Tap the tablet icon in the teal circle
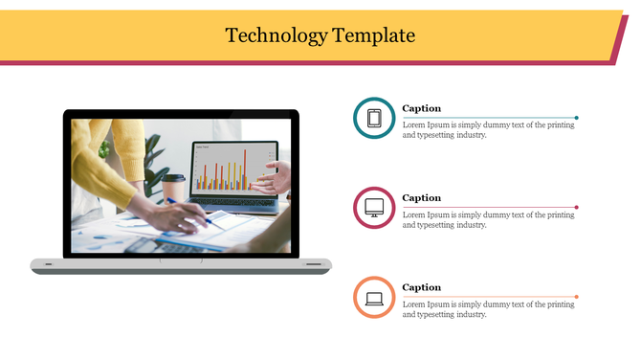coord(374,119)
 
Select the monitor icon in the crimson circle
coord(374,208)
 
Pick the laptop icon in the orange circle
coord(374,297)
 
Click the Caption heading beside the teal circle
coord(421,109)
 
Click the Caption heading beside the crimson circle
coord(421,198)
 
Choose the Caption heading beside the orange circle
coord(421,287)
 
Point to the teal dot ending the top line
coord(576,118)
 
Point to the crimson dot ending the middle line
coord(576,207)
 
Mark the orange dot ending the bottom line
coord(576,296)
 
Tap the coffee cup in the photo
coord(173,188)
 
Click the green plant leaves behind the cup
coord(153,153)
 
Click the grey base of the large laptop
coord(181,265)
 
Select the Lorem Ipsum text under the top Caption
coord(488,130)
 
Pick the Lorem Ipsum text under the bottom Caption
coord(488,308)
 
